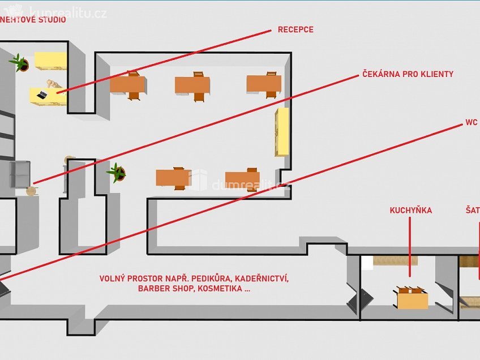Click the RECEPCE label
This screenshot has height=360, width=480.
point(295,29)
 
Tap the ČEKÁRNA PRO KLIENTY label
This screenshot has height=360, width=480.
point(408,74)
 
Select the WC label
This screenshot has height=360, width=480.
point(471,122)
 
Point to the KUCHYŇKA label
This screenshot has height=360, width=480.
point(410,211)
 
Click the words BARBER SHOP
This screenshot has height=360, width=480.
point(164,289)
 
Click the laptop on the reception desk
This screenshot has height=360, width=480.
point(41,95)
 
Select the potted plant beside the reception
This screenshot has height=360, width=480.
point(20,62)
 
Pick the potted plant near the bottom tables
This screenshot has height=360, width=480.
point(117,172)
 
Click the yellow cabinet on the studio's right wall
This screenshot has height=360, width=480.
point(282,132)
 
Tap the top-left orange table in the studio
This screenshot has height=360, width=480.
point(127,84)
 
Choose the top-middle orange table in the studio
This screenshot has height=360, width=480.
point(192,85)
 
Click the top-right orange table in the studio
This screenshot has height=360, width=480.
point(264,84)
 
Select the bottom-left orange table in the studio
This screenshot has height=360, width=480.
point(173,178)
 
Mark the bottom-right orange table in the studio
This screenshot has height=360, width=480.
point(242,179)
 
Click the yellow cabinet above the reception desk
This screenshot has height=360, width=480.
point(50,60)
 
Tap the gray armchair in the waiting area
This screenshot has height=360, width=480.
point(19,174)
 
